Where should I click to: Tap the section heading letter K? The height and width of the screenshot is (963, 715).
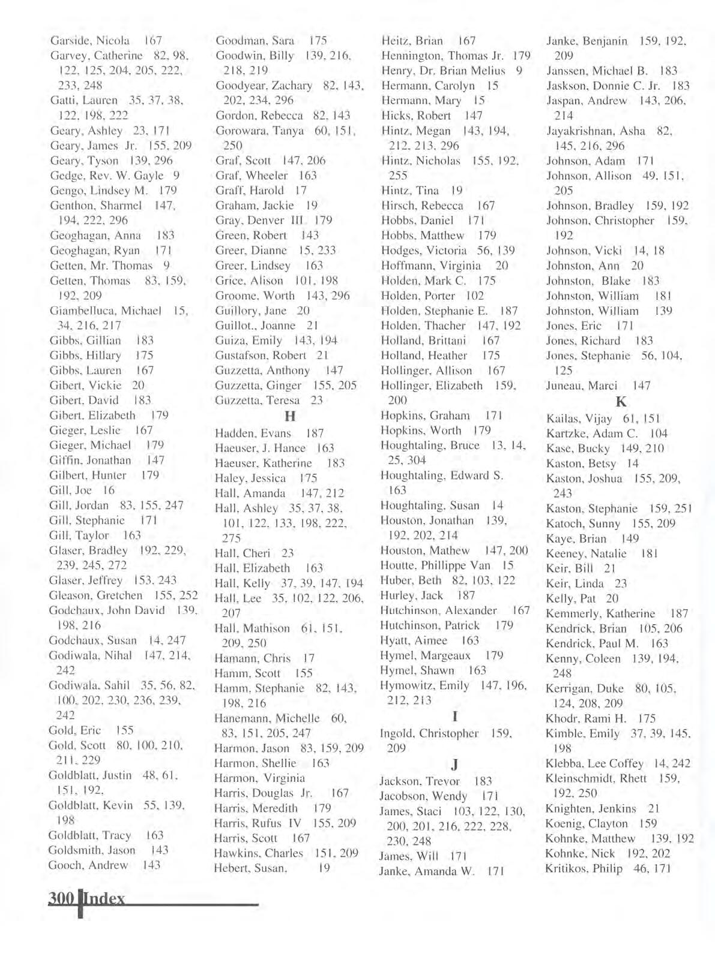(621, 402)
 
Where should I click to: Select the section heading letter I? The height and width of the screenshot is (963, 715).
(455, 716)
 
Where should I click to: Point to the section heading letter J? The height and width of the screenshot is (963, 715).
(455, 764)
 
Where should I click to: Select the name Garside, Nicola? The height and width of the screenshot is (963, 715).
(90, 41)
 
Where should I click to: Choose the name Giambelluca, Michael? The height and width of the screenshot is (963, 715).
(105, 311)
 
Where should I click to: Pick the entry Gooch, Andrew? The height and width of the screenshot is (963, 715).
(88, 865)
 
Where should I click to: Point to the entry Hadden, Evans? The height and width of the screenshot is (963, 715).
(253, 433)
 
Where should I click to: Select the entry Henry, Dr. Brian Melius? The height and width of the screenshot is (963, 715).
(444, 71)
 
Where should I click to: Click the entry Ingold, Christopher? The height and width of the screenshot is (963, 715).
(429, 733)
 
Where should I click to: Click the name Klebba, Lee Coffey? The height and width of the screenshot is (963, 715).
(594, 763)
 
